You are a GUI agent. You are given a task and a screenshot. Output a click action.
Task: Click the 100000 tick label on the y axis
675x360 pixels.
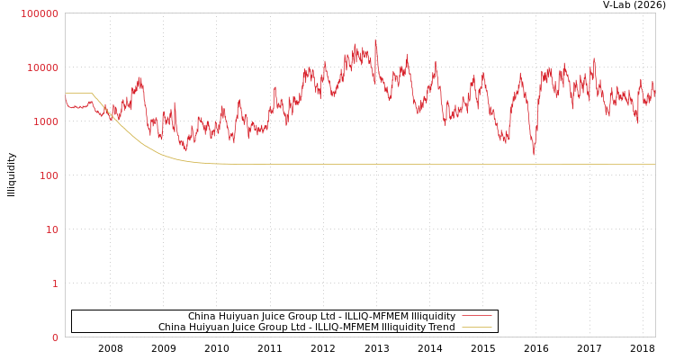click(x=40, y=13)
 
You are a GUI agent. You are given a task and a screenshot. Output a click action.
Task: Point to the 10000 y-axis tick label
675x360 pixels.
click(x=43, y=67)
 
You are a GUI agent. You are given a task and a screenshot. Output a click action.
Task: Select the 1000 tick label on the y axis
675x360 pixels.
click(x=46, y=121)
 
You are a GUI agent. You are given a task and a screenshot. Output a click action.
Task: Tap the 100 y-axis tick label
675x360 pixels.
click(x=49, y=175)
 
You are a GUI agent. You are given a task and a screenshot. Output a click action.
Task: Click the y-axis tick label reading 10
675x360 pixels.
click(x=51, y=229)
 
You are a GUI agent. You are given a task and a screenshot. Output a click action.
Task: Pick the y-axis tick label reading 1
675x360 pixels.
click(x=55, y=283)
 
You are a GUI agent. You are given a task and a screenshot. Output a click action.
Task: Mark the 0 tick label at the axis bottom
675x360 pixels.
click(x=55, y=337)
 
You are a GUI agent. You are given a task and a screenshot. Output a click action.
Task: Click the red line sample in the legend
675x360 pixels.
click(x=476, y=316)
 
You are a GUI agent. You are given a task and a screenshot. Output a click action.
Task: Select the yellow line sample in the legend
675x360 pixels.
click(x=476, y=327)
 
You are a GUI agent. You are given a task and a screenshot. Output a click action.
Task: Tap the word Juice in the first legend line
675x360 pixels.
click(x=273, y=316)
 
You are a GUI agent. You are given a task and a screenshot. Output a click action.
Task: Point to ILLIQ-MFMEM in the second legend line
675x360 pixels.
click(x=345, y=327)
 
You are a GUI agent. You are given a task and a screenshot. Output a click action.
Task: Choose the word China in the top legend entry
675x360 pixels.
click(x=202, y=316)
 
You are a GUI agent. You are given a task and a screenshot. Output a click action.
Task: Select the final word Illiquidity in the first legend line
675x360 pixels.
click(x=433, y=316)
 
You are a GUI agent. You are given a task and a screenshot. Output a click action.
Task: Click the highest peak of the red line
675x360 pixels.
click(x=375, y=40)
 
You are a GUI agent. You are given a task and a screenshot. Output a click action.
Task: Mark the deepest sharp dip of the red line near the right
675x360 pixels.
click(x=533, y=155)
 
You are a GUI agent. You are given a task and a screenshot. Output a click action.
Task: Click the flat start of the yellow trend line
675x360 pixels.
click(x=77, y=93)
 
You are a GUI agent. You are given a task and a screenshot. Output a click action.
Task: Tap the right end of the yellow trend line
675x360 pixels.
click(x=654, y=165)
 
